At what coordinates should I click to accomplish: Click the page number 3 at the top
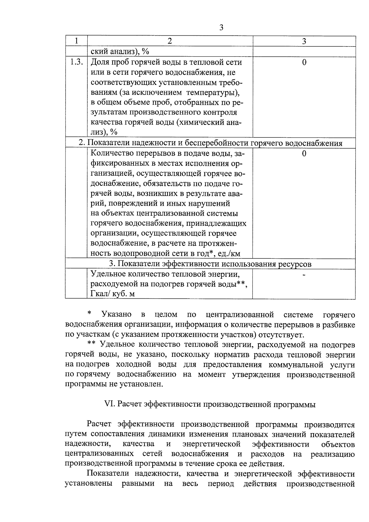click(221, 28)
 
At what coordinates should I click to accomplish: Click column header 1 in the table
click(76, 41)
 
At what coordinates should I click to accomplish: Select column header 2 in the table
click(170, 41)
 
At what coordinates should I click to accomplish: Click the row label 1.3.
click(76, 62)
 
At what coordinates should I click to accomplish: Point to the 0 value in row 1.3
click(304, 62)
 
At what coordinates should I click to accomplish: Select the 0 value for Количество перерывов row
click(304, 153)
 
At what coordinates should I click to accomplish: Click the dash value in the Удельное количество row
click(304, 275)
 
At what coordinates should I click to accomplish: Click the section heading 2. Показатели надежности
click(210, 143)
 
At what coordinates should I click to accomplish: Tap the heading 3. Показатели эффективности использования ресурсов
click(210, 264)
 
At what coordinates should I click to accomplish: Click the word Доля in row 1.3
click(100, 62)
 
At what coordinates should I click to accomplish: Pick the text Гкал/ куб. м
click(113, 294)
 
